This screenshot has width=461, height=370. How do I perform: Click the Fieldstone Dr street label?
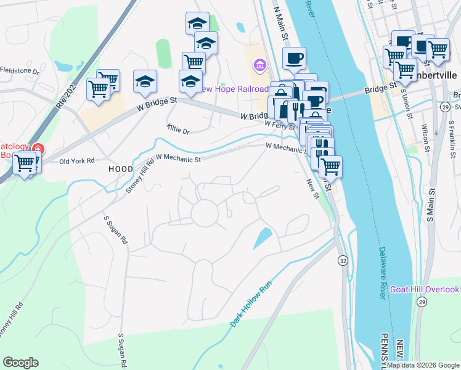coord(19,72)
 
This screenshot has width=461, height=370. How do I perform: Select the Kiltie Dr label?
coord(178,130)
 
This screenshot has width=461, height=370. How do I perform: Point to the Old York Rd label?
coord(76,161)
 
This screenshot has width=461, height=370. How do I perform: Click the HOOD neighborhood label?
coord(121,168)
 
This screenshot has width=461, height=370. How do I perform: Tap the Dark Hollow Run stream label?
coord(252,300)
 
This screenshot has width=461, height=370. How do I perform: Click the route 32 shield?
coord(343,261)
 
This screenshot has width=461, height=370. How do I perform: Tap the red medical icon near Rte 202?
coord(38,149)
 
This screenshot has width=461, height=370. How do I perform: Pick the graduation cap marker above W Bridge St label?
coord(145,82)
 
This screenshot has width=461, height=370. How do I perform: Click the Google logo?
coord(20,363)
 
